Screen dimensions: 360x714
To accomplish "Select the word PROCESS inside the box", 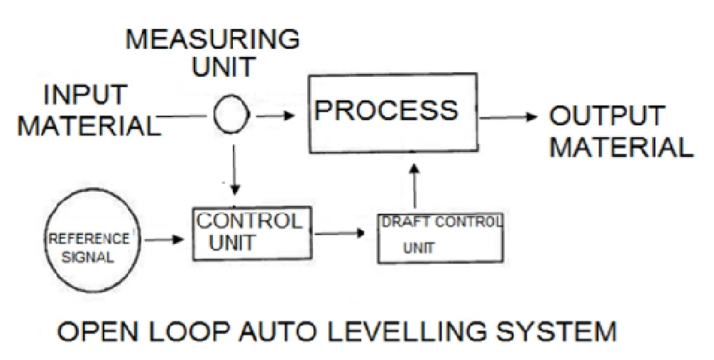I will [387, 111].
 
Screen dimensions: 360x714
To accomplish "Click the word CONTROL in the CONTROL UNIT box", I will [248, 222].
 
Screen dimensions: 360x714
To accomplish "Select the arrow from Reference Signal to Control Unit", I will [164, 241].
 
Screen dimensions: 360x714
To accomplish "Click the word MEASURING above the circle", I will [212, 40].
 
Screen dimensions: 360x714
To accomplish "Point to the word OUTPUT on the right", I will [609, 115].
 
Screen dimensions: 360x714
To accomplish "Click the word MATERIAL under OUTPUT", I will [622, 147].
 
